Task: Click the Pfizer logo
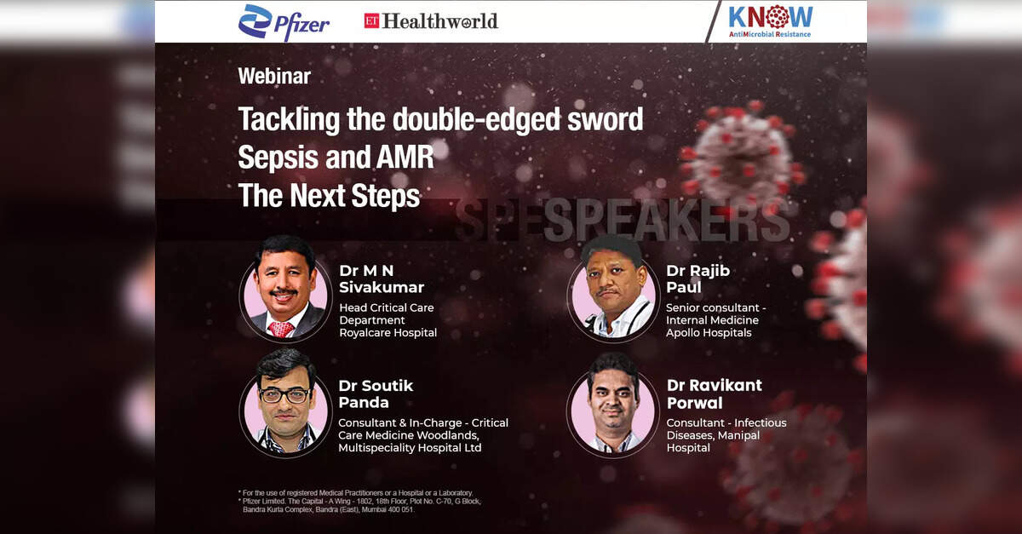pyautogui.click(x=284, y=22)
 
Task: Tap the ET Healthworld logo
pyautogui.click(x=431, y=21)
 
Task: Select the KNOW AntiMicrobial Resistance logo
pyautogui.click(x=770, y=21)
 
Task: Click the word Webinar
pyautogui.click(x=274, y=76)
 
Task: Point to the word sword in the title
pyautogui.click(x=605, y=118)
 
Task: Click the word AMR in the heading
pyautogui.click(x=405, y=157)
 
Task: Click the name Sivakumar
pyautogui.click(x=382, y=288)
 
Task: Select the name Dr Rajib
pyautogui.click(x=698, y=271)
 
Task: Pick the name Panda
pyautogui.click(x=364, y=403)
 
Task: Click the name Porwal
pyautogui.click(x=694, y=403)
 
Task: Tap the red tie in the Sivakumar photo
pyautogui.click(x=280, y=329)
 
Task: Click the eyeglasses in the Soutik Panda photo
pyautogui.click(x=284, y=395)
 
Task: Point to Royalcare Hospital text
pyautogui.click(x=388, y=333)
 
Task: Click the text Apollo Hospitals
pyautogui.click(x=709, y=333)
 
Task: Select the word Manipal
pyautogui.click(x=738, y=435)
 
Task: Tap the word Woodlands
pyautogui.click(x=448, y=435)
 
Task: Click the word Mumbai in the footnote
pyautogui.click(x=374, y=509)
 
